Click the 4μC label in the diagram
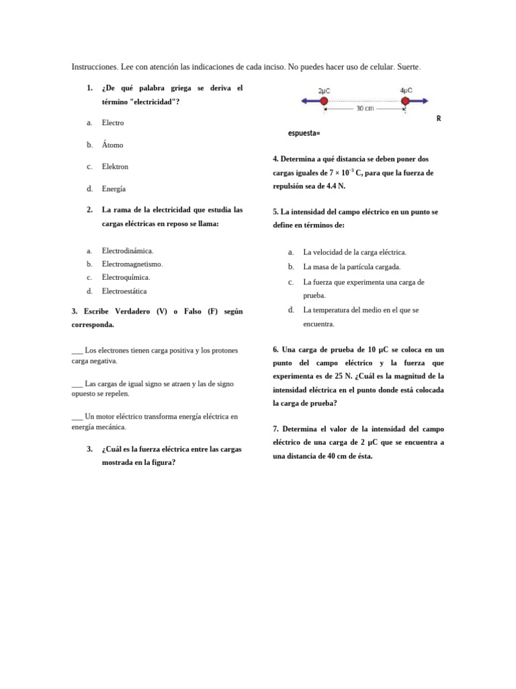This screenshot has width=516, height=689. coord(406,90)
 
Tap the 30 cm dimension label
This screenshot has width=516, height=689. coord(365,108)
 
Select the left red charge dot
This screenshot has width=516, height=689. coord(323,101)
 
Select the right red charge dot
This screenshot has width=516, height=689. coord(405,101)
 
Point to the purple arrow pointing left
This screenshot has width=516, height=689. coord(310,101)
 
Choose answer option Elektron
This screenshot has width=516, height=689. coord(115,167)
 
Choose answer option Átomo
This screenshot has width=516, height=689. coord(112,145)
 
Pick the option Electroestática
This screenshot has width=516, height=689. coord(124,291)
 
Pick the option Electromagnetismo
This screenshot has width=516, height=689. coord(132,264)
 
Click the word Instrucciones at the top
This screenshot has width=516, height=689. coord(95,67)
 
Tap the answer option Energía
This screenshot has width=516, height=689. coord(114,189)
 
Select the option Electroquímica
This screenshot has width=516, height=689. coord(126,277)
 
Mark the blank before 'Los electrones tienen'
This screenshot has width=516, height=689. coord(77,351)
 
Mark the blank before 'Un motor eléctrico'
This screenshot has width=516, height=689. coord(77,416)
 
